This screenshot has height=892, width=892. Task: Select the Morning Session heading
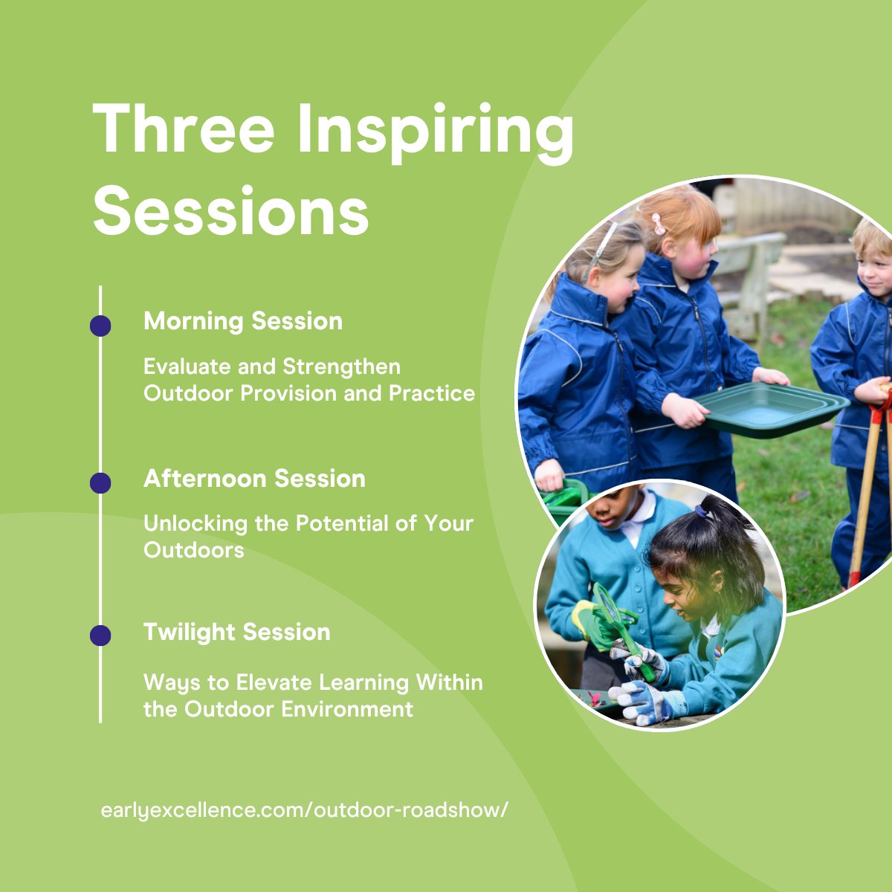tap(243, 321)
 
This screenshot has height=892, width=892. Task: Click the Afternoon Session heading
tap(254, 479)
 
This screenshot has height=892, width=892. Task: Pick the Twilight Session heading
tap(236, 632)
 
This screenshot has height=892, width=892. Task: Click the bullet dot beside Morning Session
tap(100, 326)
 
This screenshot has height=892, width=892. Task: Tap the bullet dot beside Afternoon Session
tap(100, 483)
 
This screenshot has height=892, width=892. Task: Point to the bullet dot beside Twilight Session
tap(100, 636)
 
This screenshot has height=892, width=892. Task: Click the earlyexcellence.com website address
tap(305, 809)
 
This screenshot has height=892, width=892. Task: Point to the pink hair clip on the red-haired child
tap(658, 222)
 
